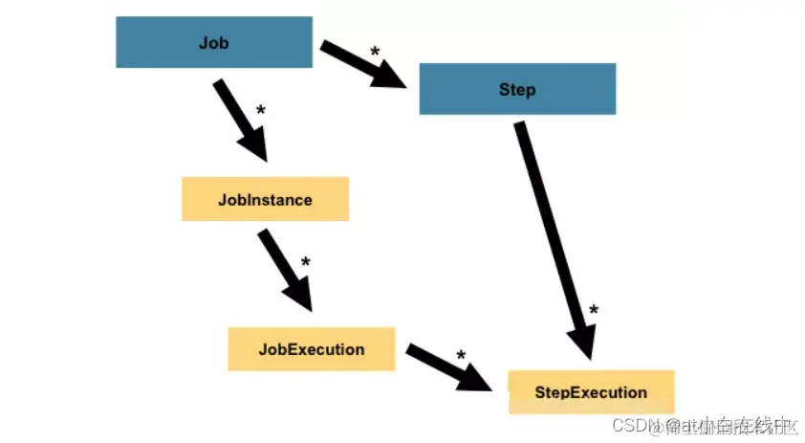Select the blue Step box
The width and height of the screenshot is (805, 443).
517,90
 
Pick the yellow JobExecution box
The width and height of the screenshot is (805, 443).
312,349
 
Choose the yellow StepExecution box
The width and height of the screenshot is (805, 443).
591,392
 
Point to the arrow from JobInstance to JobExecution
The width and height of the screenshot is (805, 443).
285,269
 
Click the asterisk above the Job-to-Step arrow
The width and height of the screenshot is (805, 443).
375,51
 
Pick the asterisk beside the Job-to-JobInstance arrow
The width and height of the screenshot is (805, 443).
260,112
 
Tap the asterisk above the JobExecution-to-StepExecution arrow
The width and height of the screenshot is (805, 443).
461,356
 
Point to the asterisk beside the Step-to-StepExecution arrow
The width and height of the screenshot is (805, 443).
594,310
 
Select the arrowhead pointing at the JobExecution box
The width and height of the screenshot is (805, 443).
299,298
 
